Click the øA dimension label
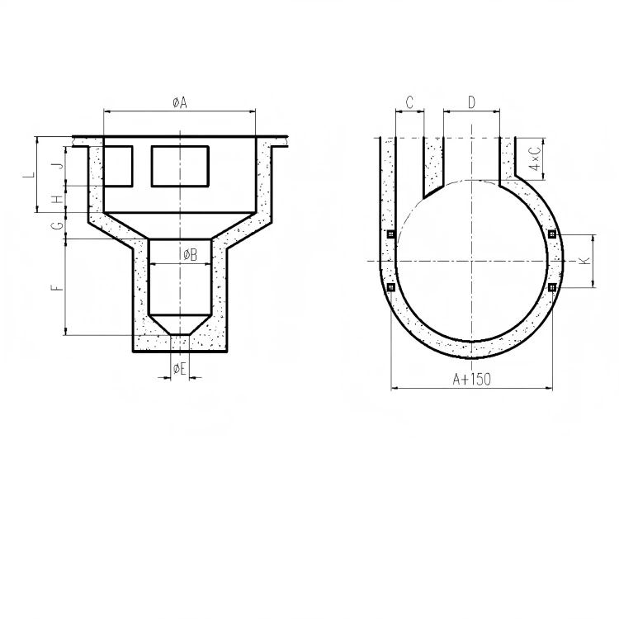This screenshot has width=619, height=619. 180,102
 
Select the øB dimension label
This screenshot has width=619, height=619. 189,254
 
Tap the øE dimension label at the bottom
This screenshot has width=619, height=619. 180,369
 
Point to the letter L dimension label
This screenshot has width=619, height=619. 28,175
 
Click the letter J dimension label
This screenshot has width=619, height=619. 57,166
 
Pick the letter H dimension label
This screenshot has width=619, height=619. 57,199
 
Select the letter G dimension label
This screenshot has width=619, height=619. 57,225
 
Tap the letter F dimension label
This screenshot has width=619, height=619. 55,288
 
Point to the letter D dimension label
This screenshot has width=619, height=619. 471,102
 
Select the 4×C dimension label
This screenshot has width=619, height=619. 535,156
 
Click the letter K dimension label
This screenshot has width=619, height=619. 584,261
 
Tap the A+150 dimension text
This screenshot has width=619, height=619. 471,379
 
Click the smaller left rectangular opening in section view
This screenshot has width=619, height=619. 117,166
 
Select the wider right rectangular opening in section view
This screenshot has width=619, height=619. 180,166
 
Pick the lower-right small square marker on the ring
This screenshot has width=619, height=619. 551,286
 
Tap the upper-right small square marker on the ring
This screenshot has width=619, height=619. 551,234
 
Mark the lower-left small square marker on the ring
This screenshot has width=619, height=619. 391,287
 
